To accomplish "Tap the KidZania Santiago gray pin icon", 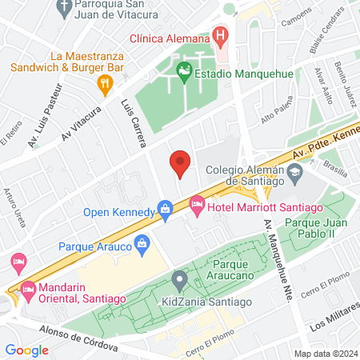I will (179, 281).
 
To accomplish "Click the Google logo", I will (26, 350).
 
